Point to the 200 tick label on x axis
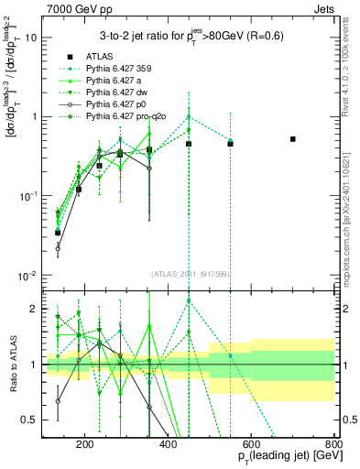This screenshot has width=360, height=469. point(85,446)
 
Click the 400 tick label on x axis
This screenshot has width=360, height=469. point(169,446)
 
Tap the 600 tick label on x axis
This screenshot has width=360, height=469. point(251,446)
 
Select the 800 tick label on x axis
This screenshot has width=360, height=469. point(333,446)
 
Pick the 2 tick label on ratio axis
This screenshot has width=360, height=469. point(35,310)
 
